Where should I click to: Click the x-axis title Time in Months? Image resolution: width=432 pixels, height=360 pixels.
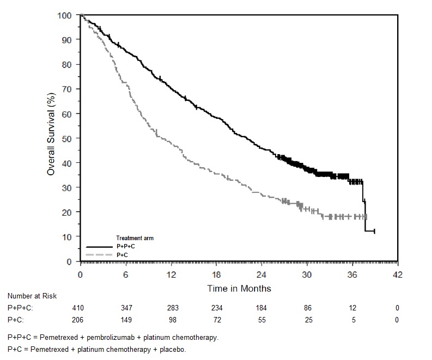[239, 288]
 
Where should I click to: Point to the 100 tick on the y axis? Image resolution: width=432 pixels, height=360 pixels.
[65, 15]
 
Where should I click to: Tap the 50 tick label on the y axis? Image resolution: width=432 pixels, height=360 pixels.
[66, 138]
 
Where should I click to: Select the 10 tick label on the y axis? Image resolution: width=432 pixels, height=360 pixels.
[66, 236]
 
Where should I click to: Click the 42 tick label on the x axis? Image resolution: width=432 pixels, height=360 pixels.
[398, 275]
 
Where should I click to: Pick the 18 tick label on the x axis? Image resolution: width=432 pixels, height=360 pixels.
[216, 275]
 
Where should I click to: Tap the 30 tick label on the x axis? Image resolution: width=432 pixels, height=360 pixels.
[307, 275]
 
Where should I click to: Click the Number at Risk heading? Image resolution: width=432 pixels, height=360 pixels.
[32, 296]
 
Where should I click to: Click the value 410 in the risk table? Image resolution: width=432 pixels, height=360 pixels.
[80, 308]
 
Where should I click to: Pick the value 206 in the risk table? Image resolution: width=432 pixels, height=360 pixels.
[80, 320]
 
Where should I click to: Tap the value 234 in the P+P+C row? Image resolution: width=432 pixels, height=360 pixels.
[216, 308]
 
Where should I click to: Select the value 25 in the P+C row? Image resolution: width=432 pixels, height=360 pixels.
[308, 320]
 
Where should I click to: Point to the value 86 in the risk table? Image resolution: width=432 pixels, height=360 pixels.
[308, 308]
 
